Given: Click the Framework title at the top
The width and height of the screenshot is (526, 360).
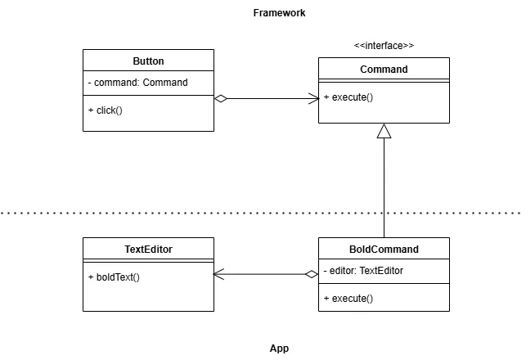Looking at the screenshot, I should click(279, 13).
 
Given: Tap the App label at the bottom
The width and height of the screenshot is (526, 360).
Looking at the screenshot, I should click(279, 348).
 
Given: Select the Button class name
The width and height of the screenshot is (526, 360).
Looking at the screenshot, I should click(148, 61).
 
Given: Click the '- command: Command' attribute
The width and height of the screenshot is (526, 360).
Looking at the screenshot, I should click(138, 83).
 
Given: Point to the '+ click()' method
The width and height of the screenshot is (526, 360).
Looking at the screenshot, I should click(105, 110).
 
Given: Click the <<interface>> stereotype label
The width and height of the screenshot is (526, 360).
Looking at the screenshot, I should click(384, 46).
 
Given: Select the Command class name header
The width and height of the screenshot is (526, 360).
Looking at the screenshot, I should click(384, 70).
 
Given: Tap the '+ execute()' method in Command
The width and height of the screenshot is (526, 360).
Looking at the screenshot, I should click(348, 97).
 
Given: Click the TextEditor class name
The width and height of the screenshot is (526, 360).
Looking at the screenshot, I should click(148, 250).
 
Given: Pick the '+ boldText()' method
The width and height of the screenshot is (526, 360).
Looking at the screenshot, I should click(114, 277).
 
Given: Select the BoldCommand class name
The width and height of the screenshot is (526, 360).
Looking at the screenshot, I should click(384, 250).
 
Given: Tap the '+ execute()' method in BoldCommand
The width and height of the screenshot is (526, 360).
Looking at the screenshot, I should click(348, 299).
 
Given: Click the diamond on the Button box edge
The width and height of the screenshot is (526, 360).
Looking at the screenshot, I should click(220, 98).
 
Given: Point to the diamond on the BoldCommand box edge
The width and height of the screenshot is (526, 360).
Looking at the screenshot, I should click(311, 274).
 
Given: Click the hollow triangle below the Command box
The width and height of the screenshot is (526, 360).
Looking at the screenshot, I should click(384, 131).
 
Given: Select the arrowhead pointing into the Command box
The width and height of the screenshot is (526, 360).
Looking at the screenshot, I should click(313, 98).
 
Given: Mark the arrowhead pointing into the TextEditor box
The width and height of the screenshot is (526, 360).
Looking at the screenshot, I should click(218, 274).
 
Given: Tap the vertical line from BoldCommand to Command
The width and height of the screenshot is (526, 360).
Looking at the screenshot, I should click(384, 188).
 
